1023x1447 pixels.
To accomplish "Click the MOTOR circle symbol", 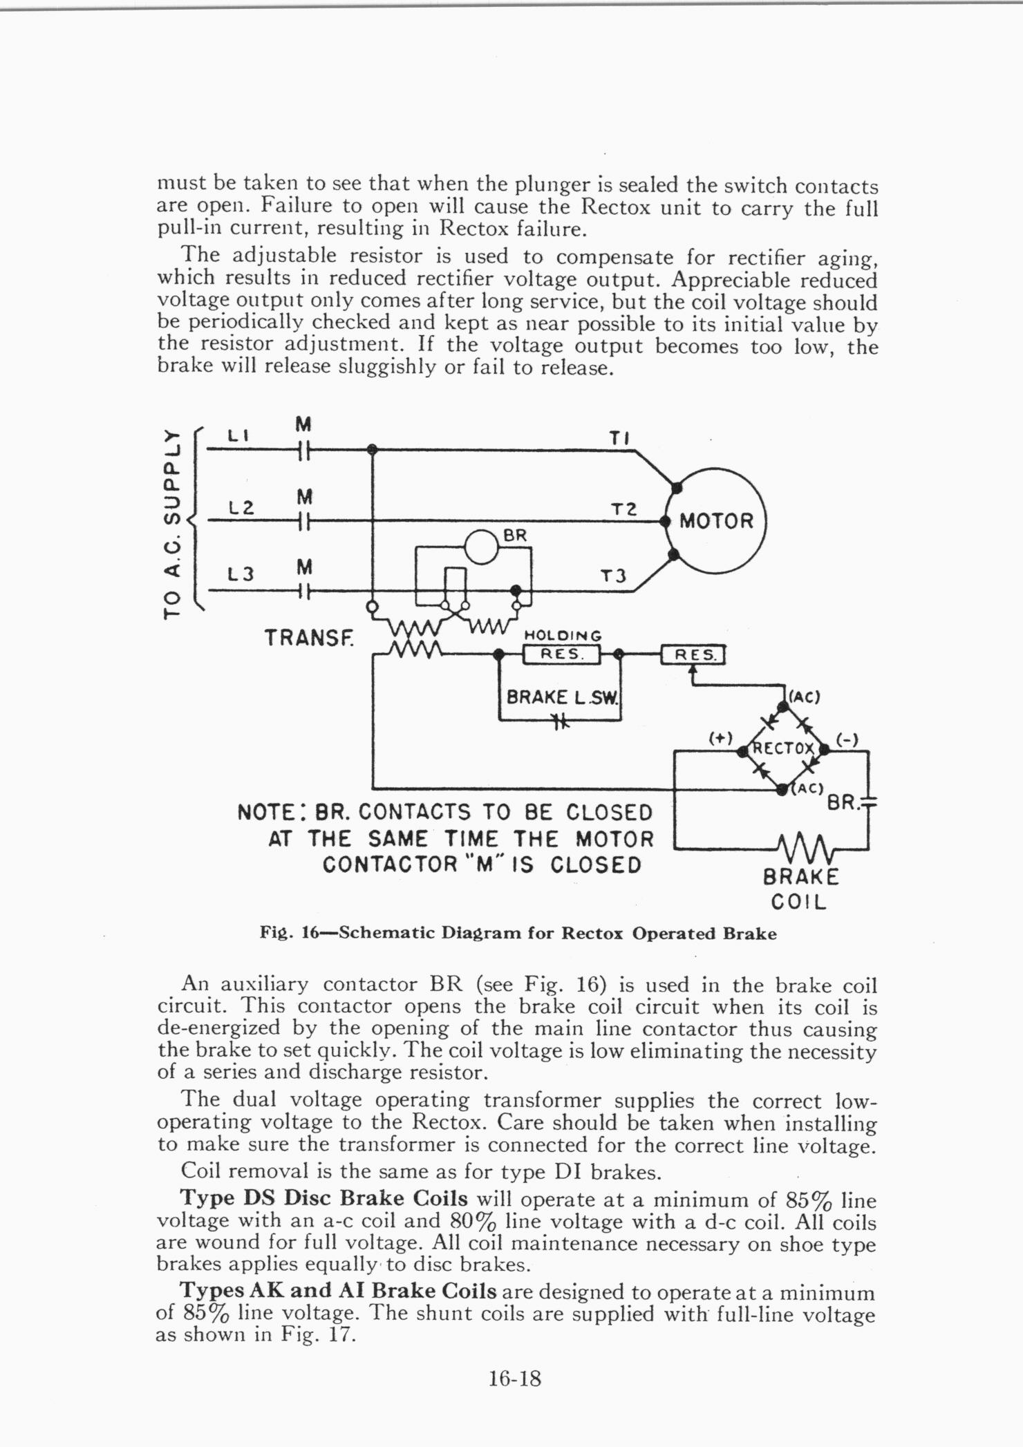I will pyautogui.click(x=715, y=520).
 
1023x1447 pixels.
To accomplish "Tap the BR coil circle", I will pyautogui.click(x=482, y=547).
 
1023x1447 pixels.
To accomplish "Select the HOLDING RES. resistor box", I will pyautogui.click(x=562, y=654).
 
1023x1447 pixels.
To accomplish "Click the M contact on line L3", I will pyautogui.click(x=303, y=592).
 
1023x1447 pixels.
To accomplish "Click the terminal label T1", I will pyautogui.click(x=619, y=438).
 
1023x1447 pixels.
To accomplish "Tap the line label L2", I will pyautogui.click(x=241, y=507).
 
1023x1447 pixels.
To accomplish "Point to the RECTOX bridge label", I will pyautogui.click(x=783, y=748).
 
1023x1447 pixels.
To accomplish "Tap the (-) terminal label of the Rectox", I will pyautogui.click(x=847, y=739).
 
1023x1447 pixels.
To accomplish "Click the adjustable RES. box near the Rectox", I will pyautogui.click(x=693, y=654).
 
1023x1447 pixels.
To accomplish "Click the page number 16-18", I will pyautogui.click(x=514, y=1379).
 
